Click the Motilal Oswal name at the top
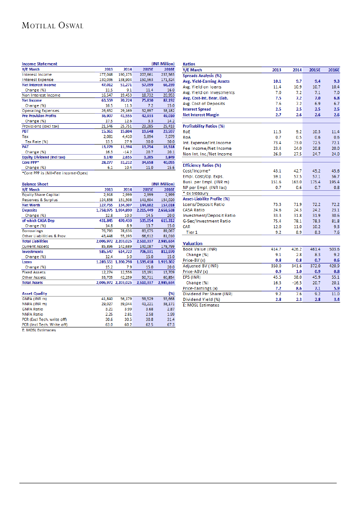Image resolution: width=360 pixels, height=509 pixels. pos(52,25)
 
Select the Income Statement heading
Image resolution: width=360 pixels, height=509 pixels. pos(40,64)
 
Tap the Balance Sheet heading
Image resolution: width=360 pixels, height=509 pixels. pos(35,184)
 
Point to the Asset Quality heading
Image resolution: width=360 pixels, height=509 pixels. pos(34,293)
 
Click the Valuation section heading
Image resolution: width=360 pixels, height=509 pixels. pos(192,244)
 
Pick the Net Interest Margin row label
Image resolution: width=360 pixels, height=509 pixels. pos(203,115)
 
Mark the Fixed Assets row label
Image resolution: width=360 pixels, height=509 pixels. pos(34,272)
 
